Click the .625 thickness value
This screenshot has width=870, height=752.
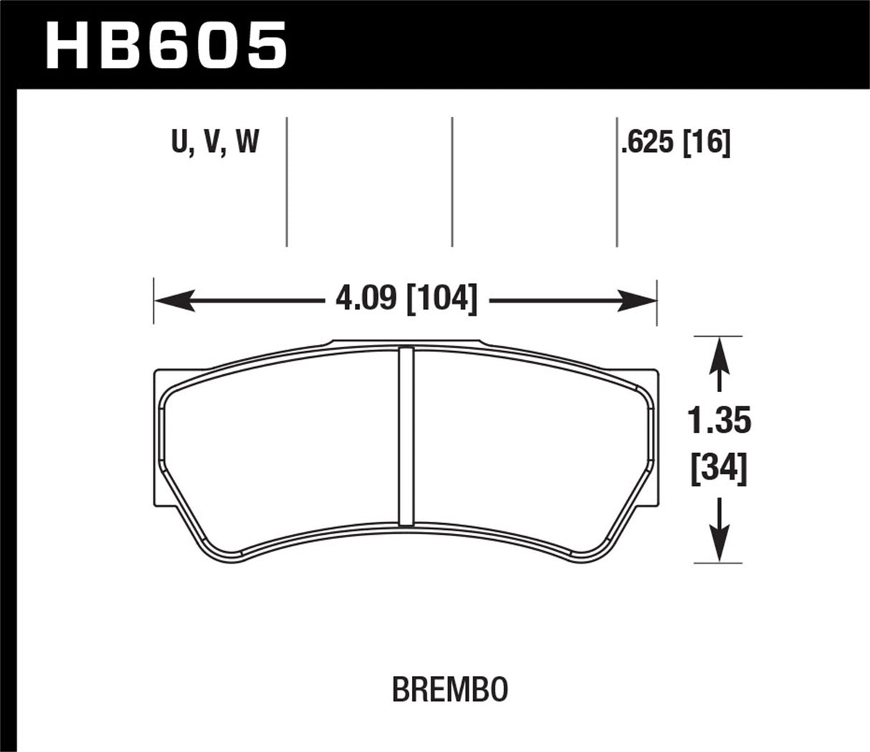click(x=649, y=143)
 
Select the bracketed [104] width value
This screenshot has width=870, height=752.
click(x=441, y=298)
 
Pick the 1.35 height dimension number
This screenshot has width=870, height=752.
click(x=720, y=422)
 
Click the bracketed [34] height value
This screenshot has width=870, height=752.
click(x=720, y=470)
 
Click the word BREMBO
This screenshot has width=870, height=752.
click(x=451, y=690)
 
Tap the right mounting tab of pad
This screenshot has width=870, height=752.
click(x=651, y=437)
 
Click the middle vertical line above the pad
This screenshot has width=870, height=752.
click(x=452, y=182)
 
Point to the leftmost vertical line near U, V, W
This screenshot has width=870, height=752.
click(x=287, y=182)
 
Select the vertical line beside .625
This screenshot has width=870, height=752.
click(x=617, y=182)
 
